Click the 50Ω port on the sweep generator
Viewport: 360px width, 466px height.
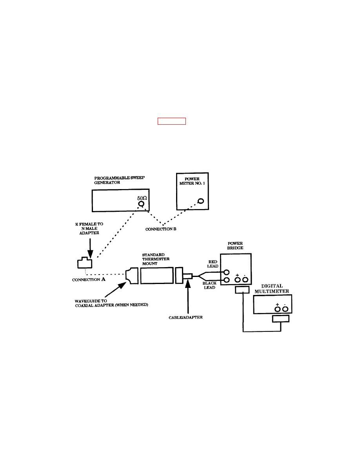(x=140, y=204)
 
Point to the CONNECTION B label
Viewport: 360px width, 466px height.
(x=161, y=229)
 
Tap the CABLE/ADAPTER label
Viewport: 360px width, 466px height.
(x=183, y=317)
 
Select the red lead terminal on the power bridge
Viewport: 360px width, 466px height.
(x=226, y=272)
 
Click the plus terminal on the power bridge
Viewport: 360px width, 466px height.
(x=237, y=280)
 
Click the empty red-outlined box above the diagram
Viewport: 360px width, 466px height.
(x=171, y=121)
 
